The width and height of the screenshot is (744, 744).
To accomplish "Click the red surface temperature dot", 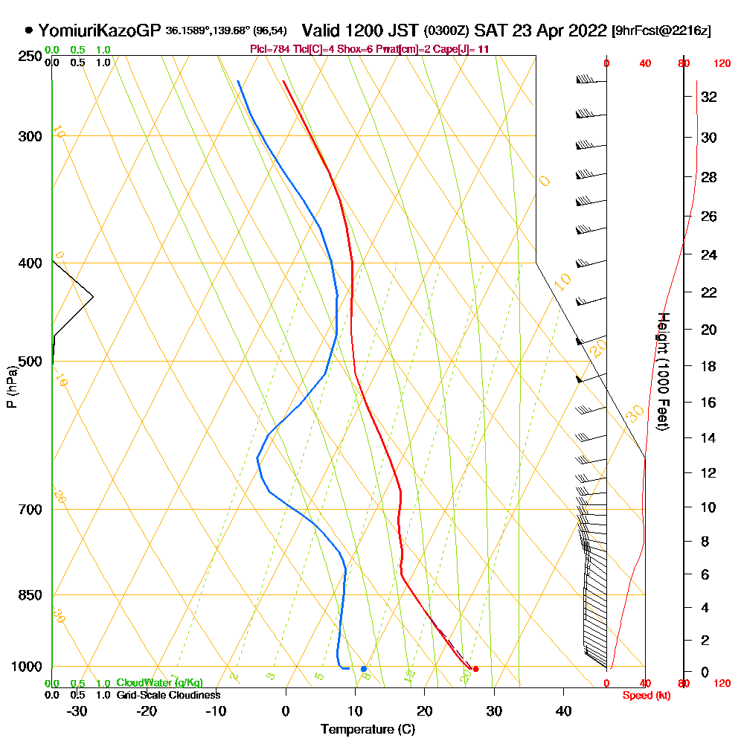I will [x=475, y=669].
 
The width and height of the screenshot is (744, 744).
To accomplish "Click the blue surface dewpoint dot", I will [x=363, y=669].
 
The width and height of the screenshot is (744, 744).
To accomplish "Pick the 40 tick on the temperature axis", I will [x=563, y=711].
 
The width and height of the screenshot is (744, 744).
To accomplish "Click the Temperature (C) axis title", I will [x=368, y=730].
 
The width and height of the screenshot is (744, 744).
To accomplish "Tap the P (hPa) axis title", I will [x=11, y=386].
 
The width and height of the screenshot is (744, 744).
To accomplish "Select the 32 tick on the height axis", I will [x=709, y=97].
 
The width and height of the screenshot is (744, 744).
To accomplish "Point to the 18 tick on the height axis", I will [x=709, y=366].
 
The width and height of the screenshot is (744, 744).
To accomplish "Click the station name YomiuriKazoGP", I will [x=100, y=31].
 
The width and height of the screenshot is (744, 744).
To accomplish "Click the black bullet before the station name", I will [x=28, y=31].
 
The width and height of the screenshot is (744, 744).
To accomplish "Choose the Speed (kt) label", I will [x=644, y=695].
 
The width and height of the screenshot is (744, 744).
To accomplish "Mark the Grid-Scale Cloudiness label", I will [x=168, y=695].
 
